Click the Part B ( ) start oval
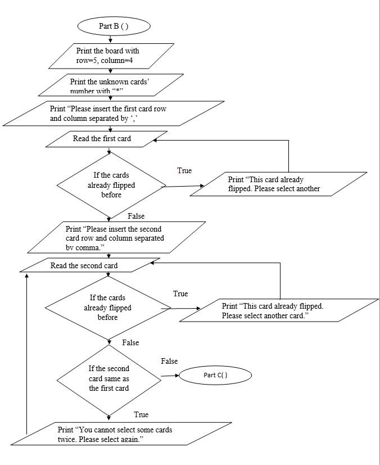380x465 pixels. [114, 26]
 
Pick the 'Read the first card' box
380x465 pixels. [106, 139]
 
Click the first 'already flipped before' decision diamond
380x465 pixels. [111, 184]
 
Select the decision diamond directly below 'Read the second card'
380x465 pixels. [107, 308]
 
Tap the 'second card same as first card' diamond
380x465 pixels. [108, 378]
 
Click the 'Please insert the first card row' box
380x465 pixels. [112, 112]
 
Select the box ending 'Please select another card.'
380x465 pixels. [278, 310]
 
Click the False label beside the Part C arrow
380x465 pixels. [169, 361]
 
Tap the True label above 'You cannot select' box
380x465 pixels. [141, 414]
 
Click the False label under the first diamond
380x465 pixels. [136, 216]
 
